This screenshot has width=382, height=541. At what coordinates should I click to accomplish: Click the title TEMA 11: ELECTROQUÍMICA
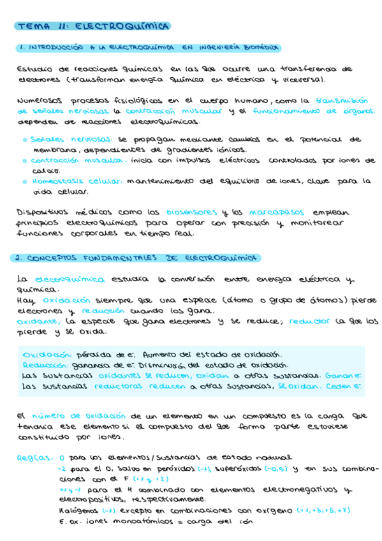point(93,27)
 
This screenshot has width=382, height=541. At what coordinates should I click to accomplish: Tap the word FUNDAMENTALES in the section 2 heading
point(119,258)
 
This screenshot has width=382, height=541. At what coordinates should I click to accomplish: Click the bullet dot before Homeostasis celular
point(24,182)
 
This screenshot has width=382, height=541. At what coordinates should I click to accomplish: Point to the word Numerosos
point(40,101)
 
